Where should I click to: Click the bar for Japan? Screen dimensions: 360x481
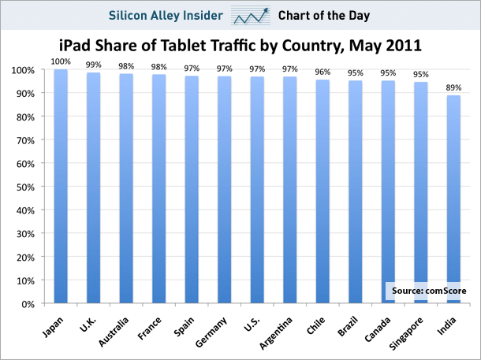coord(61,187)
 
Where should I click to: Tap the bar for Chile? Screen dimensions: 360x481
coord(323,191)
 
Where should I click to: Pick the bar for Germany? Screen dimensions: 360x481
coord(225,190)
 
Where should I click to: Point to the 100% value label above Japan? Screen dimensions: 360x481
coord(61,61)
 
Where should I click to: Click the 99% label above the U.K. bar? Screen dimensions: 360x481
coord(94,65)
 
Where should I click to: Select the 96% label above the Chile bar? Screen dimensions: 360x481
coord(323,72)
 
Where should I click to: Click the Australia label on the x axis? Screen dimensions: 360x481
coord(117,332)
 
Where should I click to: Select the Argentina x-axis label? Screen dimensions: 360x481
coord(281,332)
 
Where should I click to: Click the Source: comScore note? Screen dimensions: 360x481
coord(428,291)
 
